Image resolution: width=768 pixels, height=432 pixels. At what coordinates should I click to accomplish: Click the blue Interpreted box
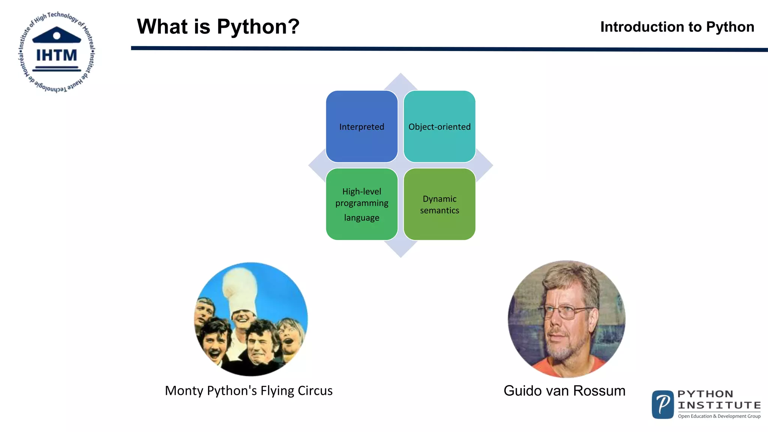pyautogui.click(x=361, y=126)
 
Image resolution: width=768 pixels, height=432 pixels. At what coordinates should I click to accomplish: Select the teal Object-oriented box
pyautogui.click(x=439, y=126)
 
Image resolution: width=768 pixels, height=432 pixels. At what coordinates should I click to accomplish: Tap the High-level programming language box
pyautogui.click(x=361, y=204)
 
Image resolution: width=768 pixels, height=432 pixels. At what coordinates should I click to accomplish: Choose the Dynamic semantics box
pyautogui.click(x=439, y=204)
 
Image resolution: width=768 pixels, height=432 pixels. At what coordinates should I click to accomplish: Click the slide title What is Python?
pyautogui.click(x=218, y=27)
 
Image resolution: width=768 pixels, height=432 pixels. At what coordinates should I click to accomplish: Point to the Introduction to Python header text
pyautogui.click(x=677, y=27)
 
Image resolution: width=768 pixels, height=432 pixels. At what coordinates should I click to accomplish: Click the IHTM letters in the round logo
pyautogui.click(x=57, y=55)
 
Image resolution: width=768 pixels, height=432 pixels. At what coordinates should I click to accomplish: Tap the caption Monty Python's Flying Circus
pyautogui.click(x=249, y=391)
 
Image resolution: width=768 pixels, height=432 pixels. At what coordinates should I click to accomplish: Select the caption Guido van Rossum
pyautogui.click(x=564, y=391)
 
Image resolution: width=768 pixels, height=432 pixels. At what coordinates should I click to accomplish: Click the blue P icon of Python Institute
pyautogui.click(x=663, y=405)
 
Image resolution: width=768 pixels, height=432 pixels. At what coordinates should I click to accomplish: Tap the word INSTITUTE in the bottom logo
pyautogui.click(x=719, y=405)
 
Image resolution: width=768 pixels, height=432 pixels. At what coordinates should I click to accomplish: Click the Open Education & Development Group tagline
pyautogui.click(x=719, y=416)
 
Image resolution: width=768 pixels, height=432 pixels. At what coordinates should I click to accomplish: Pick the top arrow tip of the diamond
pyautogui.click(x=400, y=77)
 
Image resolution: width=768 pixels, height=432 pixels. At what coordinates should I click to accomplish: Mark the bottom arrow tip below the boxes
pyautogui.click(x=400, y=253)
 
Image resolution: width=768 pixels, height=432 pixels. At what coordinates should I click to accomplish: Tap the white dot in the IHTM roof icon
pyautogui.click(x=57, y=36)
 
